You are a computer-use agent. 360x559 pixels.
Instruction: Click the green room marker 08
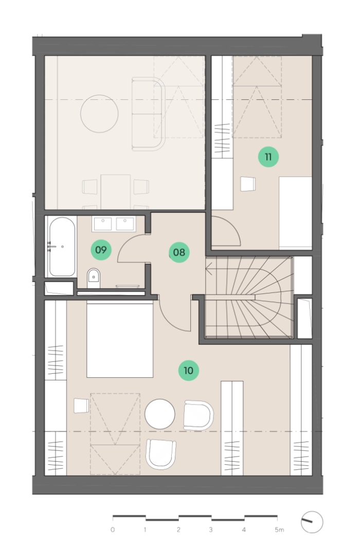coord(179,252)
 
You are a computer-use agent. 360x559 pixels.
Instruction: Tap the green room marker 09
coord(101,250)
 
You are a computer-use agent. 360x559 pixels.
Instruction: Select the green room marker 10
coord(188,371)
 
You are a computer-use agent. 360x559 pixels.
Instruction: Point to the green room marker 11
coord(268,156)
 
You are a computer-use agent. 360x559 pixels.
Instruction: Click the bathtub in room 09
coord(62,247)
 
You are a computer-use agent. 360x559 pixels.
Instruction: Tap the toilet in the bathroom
coord(94,278)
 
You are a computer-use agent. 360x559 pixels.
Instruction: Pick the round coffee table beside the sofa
coord(99,114)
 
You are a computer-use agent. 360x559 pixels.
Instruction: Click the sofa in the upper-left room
coord(149,114)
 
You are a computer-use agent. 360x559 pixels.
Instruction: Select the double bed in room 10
coord(120,339)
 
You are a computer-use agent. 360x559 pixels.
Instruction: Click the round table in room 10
coord(160,414)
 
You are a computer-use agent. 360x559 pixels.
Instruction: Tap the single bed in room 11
coord(296,212)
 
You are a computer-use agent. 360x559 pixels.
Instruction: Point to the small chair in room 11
coord(248,184)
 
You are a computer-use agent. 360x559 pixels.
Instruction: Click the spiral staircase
coord(249,297)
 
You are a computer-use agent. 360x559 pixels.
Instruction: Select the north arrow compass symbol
coord(312,522)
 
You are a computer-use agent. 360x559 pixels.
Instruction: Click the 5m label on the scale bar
coord(279,530)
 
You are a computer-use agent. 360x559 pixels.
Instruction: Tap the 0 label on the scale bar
coord(113,530)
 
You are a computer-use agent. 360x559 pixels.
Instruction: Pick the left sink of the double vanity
coord(102,224)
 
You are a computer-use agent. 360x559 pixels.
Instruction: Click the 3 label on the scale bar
coord(211,530)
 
